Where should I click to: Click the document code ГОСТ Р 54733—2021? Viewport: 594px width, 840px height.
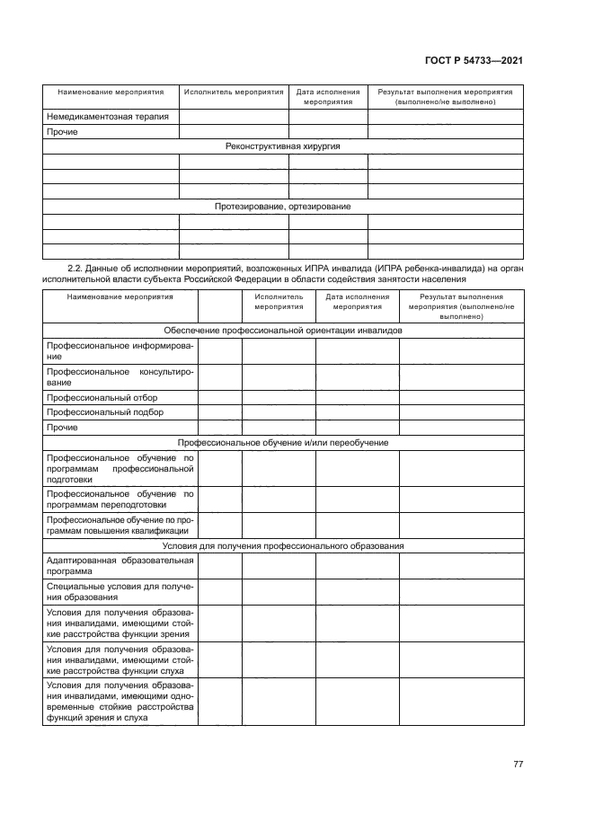tap(474, 61)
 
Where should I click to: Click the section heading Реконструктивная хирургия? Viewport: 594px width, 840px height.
tap(282, 146)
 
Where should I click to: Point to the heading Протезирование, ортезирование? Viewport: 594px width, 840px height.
tap(282, 207)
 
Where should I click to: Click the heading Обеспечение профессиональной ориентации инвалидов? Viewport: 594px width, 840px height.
tap(282, 331)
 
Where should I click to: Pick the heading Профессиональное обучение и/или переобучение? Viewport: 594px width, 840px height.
tap(282, 443)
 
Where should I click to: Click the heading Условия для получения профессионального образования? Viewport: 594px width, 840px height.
tap(282, 546)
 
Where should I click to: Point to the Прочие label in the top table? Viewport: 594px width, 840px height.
tap(61, 132)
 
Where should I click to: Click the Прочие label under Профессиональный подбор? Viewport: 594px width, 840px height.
tap(61, 428)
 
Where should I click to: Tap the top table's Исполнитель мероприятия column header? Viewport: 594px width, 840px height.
tap(234, 92)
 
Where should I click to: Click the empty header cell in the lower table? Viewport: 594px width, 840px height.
tap(219, 305)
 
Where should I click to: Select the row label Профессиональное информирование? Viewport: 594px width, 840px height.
tap(120, 350)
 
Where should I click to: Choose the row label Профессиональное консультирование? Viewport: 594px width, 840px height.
tap(120, 376)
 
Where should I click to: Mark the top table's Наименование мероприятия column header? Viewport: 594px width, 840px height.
tap(111, 92)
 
